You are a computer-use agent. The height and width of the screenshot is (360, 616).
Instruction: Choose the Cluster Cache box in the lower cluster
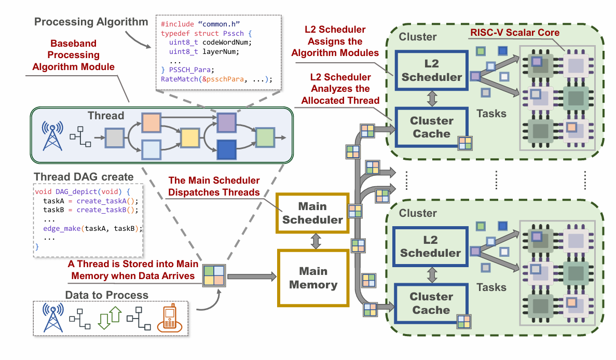click(x=430, y=303)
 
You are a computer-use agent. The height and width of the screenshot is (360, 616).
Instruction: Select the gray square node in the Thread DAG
click(x=114, y=139)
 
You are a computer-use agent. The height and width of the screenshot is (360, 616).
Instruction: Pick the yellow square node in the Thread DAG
click(x=190, y=139)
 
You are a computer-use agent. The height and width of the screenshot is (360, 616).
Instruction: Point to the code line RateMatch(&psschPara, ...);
click(x=216, y=80)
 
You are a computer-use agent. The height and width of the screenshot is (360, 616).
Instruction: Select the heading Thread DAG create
click(x=83, y=176)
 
